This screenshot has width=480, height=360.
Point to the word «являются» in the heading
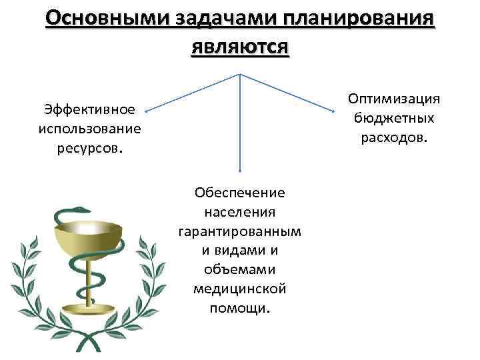point(239,47)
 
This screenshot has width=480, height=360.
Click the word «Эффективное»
point(89,109)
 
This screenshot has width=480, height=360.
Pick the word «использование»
point(89,128)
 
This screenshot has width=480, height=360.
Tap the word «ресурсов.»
point(89,147)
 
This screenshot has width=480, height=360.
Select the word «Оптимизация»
point(395,99)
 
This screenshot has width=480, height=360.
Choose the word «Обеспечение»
point(240,193)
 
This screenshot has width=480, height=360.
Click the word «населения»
point(240,212)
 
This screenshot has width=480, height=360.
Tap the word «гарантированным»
point(240,231)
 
